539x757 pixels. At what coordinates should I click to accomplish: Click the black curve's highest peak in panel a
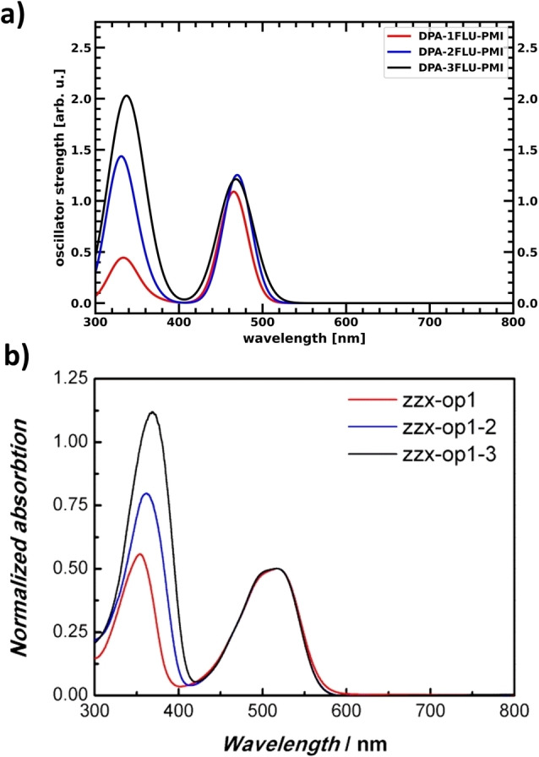[128, 95]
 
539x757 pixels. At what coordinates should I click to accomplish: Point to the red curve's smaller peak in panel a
[123, 257]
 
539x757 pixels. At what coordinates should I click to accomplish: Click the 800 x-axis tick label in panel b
[513, 711]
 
